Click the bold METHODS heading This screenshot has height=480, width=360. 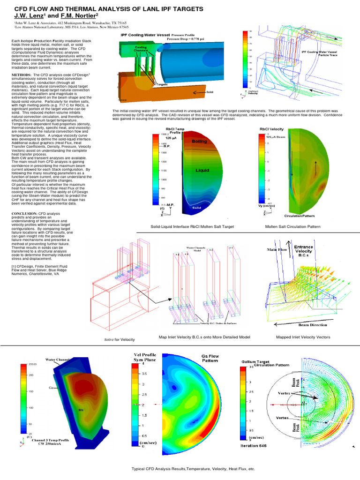point(22,75)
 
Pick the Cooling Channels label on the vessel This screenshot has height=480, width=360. point(141,49)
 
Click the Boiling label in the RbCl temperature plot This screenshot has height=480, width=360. point(199,141)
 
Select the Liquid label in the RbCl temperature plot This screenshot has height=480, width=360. point(202,171)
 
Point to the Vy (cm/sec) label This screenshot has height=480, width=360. point(270,205)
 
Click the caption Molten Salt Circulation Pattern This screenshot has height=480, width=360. point(292,226)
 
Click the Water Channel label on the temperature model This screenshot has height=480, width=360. point(58,360)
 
